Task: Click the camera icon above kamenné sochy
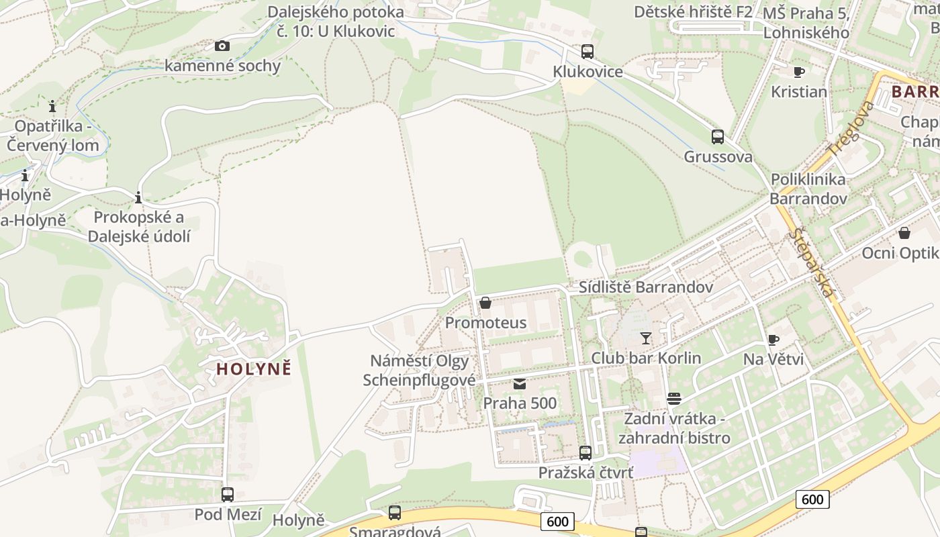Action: tap(222, 46)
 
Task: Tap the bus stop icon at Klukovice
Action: tap(587, 52)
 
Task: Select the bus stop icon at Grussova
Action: tap(718, 137)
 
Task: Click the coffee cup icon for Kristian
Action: tap(798, 72)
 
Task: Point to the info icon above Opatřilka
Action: tap(52, 106)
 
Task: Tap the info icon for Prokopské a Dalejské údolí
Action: tap(138, 197)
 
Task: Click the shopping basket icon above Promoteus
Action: tap(485, 303)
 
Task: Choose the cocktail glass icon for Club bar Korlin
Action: tap(646, 338)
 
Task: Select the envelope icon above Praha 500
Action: tap(520, 384)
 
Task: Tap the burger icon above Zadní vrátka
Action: tap(674, 399)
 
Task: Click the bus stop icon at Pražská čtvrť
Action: tap(585, 453)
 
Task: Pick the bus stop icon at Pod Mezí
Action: tap(228, 495)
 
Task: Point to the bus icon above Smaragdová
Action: tap(395, 513)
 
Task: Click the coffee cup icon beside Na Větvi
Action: tap(773, 340)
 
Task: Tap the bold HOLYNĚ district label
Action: tap(254, 369)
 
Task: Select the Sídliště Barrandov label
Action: tap(646, 287)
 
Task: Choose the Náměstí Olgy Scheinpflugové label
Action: tap(419, 371)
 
